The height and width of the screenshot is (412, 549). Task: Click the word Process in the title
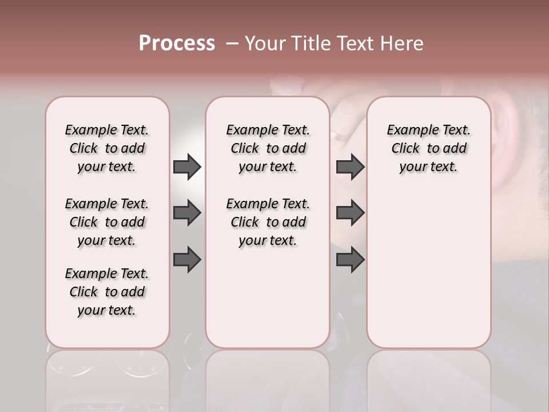tap(177, 43)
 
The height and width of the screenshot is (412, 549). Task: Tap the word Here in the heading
tap(402, 43)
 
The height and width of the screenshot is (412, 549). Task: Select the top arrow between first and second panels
tap(187, 167)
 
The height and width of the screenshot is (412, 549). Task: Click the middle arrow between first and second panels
tap(187, 213)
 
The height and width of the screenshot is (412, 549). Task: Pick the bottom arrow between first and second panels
tap(187, 259)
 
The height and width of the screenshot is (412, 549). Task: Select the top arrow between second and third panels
tap(350, 167)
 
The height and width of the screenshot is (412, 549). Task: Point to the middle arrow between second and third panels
tap(350, 213)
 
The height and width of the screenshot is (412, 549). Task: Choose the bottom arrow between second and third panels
tap(350, 259)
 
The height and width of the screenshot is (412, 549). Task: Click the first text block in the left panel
tap(107, 148)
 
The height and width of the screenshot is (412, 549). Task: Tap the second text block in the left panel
tap(107, 222)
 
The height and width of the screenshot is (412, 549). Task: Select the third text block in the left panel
tap(107, 292)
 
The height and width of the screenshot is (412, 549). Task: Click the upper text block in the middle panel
tap(268, 148)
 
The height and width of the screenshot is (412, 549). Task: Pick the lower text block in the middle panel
tap(268, 222)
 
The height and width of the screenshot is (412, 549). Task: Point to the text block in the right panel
tap(428, 148)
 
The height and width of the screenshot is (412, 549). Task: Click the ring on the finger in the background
tap(337, 136)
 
